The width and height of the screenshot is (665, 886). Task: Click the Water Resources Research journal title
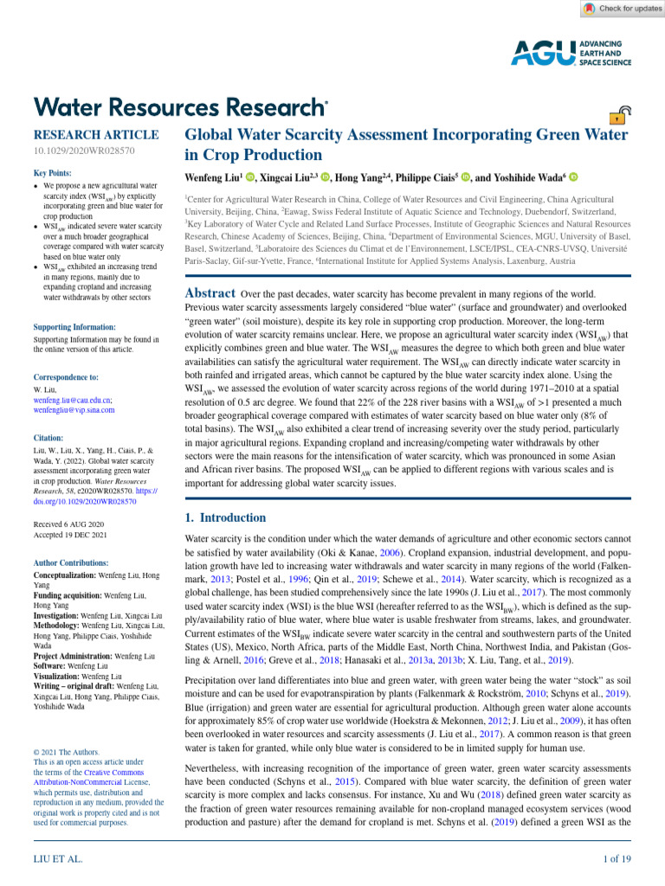[180, 106]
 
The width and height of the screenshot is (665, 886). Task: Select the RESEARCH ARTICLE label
[95, 135]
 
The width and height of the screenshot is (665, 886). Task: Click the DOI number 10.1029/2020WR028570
[83, 151]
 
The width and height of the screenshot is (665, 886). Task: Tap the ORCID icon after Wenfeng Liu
[250, 177]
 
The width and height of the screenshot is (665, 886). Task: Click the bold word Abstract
[210, 293]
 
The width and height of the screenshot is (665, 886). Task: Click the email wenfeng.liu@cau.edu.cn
[72, 401]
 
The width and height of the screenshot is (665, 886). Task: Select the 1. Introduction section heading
[226, 518]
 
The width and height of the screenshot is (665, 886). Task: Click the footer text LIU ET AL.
[58, 859]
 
